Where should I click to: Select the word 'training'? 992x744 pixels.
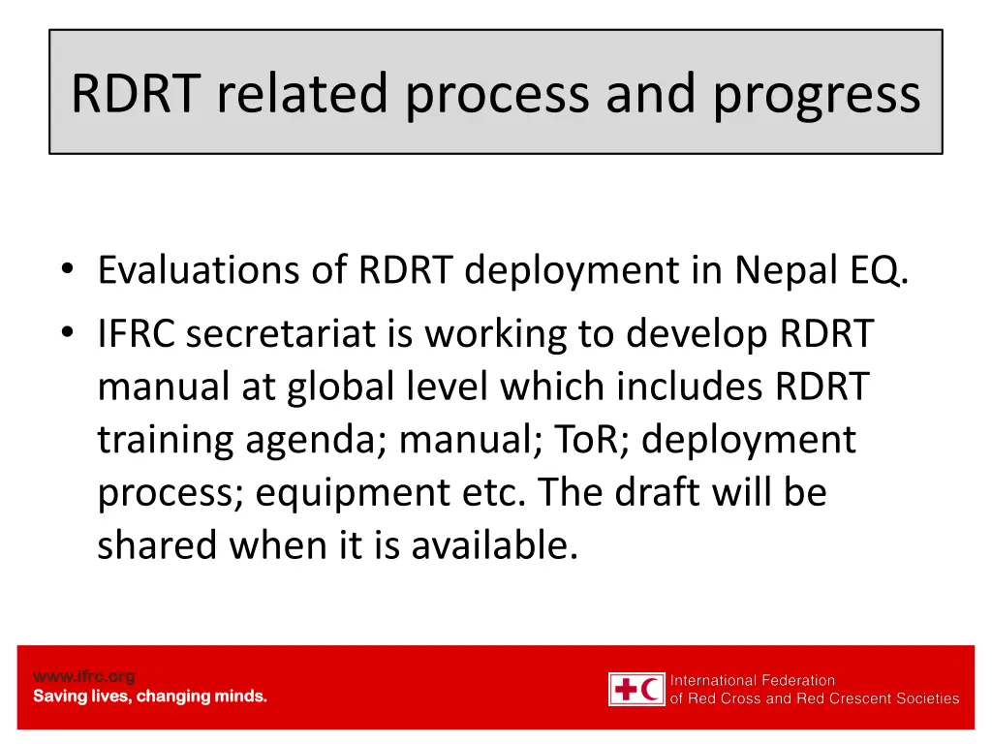(x=164, y=441)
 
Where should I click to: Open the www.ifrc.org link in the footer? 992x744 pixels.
(x=84, y=676)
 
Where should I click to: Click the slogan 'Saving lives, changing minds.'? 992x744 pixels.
(x=150, y=697)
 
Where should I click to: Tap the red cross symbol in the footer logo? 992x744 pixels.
(x=626, y=690)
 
